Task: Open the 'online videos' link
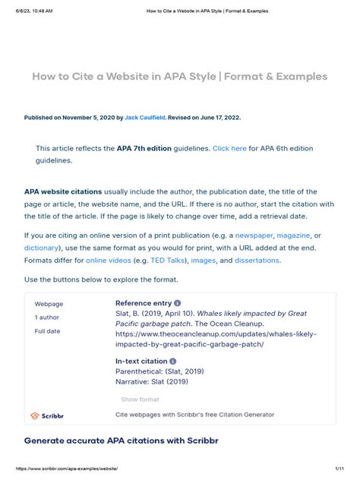point(107,260)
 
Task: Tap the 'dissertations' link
point(257,260)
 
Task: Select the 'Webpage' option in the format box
point(49,304)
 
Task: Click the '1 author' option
point(47,317)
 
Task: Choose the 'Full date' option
point(47,331)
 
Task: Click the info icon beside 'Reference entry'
point(178,303)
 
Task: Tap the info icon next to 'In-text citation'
point(173,362)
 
